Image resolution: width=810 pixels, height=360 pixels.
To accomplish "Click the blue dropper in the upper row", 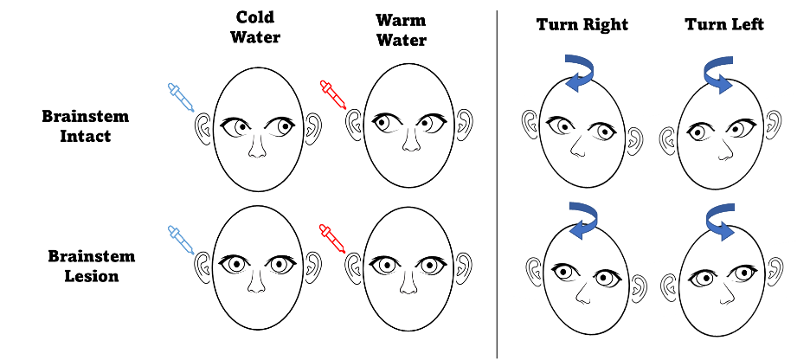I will pos(181,97).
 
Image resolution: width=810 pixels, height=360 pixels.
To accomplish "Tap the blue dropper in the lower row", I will pos(181,241).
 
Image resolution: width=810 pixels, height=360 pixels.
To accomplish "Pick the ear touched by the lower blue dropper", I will pos(203,268).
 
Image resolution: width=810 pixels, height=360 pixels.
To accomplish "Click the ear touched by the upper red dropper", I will pos(354,126).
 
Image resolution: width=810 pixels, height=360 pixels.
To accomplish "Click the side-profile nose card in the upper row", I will pos(578,145).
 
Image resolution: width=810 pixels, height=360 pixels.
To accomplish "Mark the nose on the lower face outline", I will pos(725,294).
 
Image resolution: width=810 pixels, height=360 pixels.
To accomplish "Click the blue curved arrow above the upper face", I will pos(717,73).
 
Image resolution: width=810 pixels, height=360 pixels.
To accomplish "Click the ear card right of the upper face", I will pos(780,124).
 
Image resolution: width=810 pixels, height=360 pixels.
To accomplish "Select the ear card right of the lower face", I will pos(781,270).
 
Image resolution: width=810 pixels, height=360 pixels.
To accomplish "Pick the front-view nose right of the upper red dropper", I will pos(412,139).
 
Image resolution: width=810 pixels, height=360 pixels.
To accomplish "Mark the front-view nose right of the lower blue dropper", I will pos(256,281).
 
